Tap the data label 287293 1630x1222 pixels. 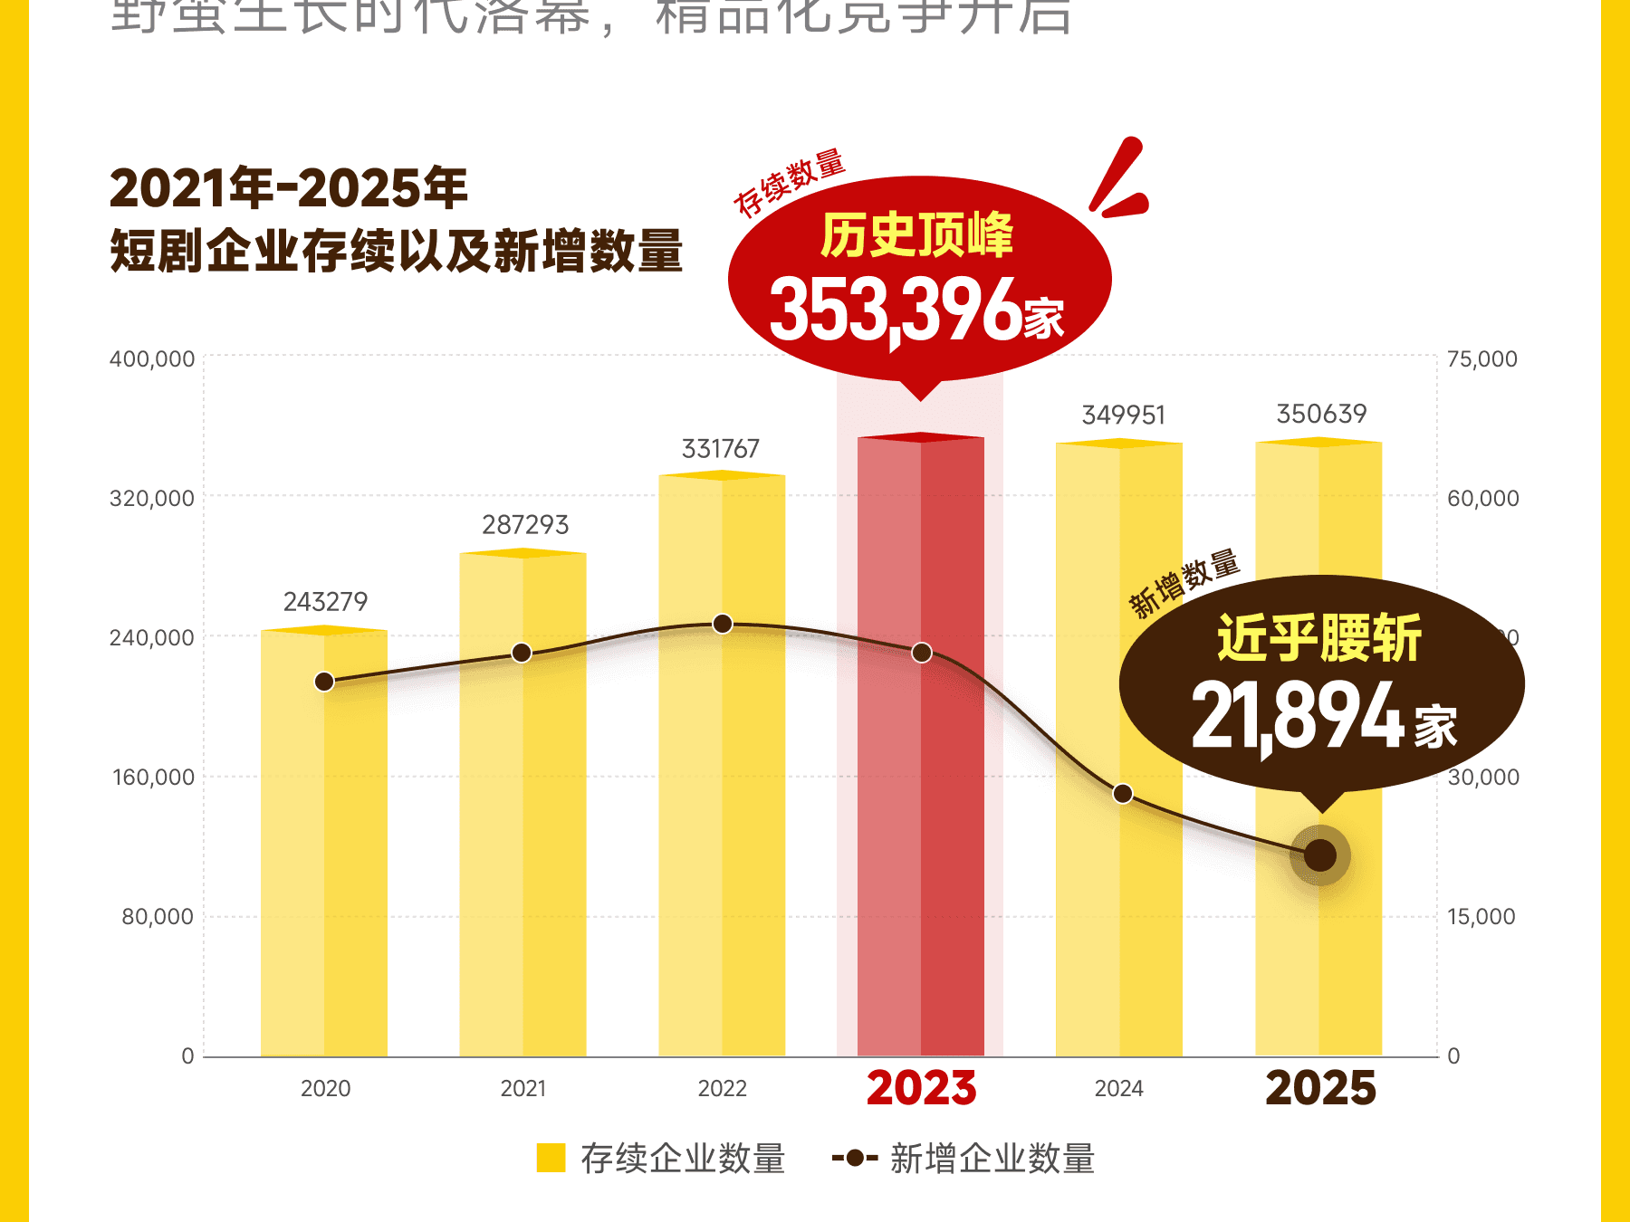[x=525, y=525]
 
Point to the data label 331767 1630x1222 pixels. [x=721, y=449]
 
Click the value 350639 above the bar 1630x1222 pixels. [x=1321, y=415]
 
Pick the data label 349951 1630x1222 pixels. [x=1124, y=415]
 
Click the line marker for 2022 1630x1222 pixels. [x=723, y=624]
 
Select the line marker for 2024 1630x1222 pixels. [x=1123, y=794]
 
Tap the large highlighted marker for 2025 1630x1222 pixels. [x=1320, y=854]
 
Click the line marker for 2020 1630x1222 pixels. [x=324, y=682]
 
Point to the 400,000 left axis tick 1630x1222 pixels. [x=152, y=359]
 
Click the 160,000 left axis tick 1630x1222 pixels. [x=153, y=778]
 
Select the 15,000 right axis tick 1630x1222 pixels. [x=1481, y=917]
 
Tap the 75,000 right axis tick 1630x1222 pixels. [x=1481, y=359]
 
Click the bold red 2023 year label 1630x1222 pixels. [x=921, y=1088]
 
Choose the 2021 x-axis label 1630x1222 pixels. [x=523, y=1088]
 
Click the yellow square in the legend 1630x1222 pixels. [x=551, y=1158]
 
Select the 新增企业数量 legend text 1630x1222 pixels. [x=992, y=1159]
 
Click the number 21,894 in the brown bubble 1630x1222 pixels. [x=1298, y=717]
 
